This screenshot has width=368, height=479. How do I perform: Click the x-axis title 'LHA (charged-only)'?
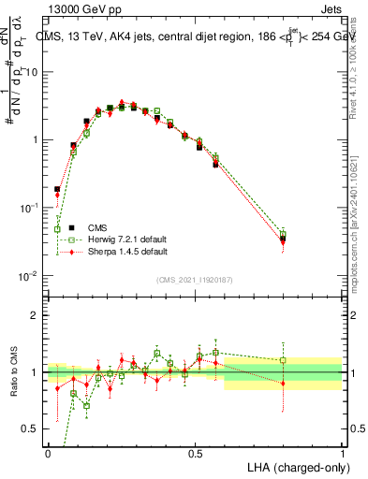coord(298,466)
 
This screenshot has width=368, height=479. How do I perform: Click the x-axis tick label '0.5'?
coord(195,453)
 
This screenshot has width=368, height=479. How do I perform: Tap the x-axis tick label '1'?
coord(342,453)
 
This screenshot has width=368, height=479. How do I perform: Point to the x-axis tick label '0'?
coord(48,453)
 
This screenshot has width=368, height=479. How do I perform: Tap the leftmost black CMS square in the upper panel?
coord(58,189)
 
